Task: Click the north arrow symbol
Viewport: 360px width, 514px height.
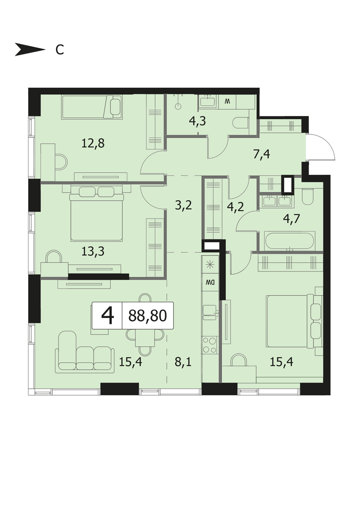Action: click(x=30, y=49)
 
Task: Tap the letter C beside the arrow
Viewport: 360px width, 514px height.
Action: click(x=60, y=49)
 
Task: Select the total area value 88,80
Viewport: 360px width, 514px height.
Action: click(x=147, y=315)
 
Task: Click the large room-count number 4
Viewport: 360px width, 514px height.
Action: click(x=107, y=316)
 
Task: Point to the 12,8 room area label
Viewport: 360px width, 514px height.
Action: click(x=93, y=144)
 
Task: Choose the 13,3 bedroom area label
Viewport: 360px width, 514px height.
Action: click(x=93, y=252)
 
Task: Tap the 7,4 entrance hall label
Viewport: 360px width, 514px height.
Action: click(x=262, y=155)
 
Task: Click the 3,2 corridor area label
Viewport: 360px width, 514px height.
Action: click(x=183, y=205)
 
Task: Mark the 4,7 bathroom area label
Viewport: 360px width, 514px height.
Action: click(x=292, y=219)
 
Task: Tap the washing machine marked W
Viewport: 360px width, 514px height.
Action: click(x=227, y=102)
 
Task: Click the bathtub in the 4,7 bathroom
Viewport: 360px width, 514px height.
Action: click(x=290, y=241)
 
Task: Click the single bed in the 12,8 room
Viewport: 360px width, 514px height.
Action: click(x=92, y=107)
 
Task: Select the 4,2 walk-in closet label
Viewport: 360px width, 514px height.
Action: click(x=235, y=207)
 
